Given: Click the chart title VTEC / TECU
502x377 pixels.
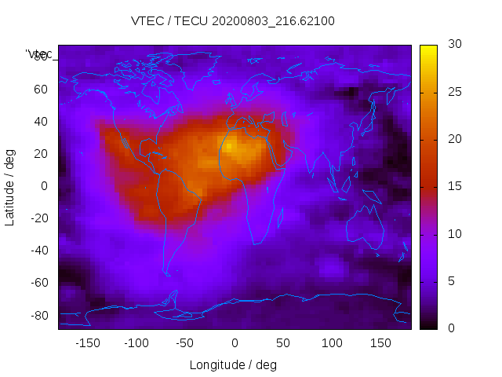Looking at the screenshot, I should [x=233, y=21].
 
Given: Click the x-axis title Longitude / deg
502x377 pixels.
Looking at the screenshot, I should [x=233, y=365].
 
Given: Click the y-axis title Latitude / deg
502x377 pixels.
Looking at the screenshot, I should [x=10, y=187].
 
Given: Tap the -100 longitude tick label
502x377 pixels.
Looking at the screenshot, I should [x=136, y=343].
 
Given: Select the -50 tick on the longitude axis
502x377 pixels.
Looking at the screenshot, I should [x=185, y=343].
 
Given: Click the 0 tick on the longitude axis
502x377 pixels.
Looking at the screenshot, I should [x=234, y=343].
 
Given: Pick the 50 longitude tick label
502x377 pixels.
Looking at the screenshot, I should [x=282, y=343].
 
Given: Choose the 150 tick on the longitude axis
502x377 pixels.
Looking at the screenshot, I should [x=380, y=343].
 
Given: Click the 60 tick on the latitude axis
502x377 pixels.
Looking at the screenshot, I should [x=41, y=90].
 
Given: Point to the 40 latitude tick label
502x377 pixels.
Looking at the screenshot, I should [x=41, y=122].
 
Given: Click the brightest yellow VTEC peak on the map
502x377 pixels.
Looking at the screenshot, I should [x=229, y=146].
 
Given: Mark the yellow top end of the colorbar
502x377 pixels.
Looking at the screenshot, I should [x=428, y=49].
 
